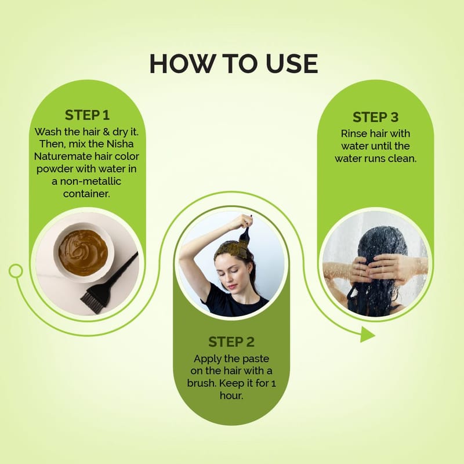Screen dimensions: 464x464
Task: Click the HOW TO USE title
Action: point(234,64)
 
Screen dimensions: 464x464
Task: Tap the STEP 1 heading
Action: point(88,115)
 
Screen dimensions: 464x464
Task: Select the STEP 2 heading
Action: point(231,342)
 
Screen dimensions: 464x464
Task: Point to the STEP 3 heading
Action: point(375,117)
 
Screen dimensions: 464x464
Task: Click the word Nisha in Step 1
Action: point(120,144)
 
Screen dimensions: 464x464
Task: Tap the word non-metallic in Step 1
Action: point(90,181)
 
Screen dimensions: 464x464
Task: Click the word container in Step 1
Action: point(85,194)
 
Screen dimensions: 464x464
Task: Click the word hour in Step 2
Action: point(230,396)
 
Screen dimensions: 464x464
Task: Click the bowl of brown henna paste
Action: point(84,252)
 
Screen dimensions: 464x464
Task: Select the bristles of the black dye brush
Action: point(92,301)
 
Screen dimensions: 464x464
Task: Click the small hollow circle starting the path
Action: point(16,271)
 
